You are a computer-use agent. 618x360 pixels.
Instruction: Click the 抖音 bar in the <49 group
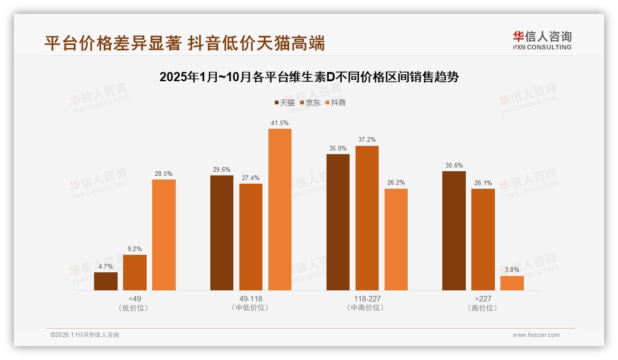[x=164, y=235]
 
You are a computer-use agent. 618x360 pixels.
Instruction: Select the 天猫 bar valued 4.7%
[x=106, y=281]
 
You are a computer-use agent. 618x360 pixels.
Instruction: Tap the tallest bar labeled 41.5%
[x=280, y=210]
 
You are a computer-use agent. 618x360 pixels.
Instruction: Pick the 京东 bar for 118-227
[x=367, y=218]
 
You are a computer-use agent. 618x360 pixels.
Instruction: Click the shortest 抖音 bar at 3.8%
[x=512, y=283]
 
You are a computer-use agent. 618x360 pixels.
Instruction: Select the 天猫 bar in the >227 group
[x=454, y=231]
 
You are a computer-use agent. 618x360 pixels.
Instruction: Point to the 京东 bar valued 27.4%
[x=251, y=237]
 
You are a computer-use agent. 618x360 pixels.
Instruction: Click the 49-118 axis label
[x=251, y=299]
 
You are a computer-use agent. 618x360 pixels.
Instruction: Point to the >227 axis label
[x=483, y=299]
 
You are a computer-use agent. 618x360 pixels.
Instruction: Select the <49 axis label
[x=135, y=299]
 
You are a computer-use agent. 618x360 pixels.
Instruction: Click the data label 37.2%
[x=367, y=139]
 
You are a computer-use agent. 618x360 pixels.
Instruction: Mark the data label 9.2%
[x=135, y=249]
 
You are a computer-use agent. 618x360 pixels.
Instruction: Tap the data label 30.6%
[x=454, y=165]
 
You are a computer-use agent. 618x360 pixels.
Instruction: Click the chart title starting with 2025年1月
[x=309, y=77]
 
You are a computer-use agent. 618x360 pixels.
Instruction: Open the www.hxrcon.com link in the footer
[x=535, y=335]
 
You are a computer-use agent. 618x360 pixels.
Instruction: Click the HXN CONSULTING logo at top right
[x=542, y=40]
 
